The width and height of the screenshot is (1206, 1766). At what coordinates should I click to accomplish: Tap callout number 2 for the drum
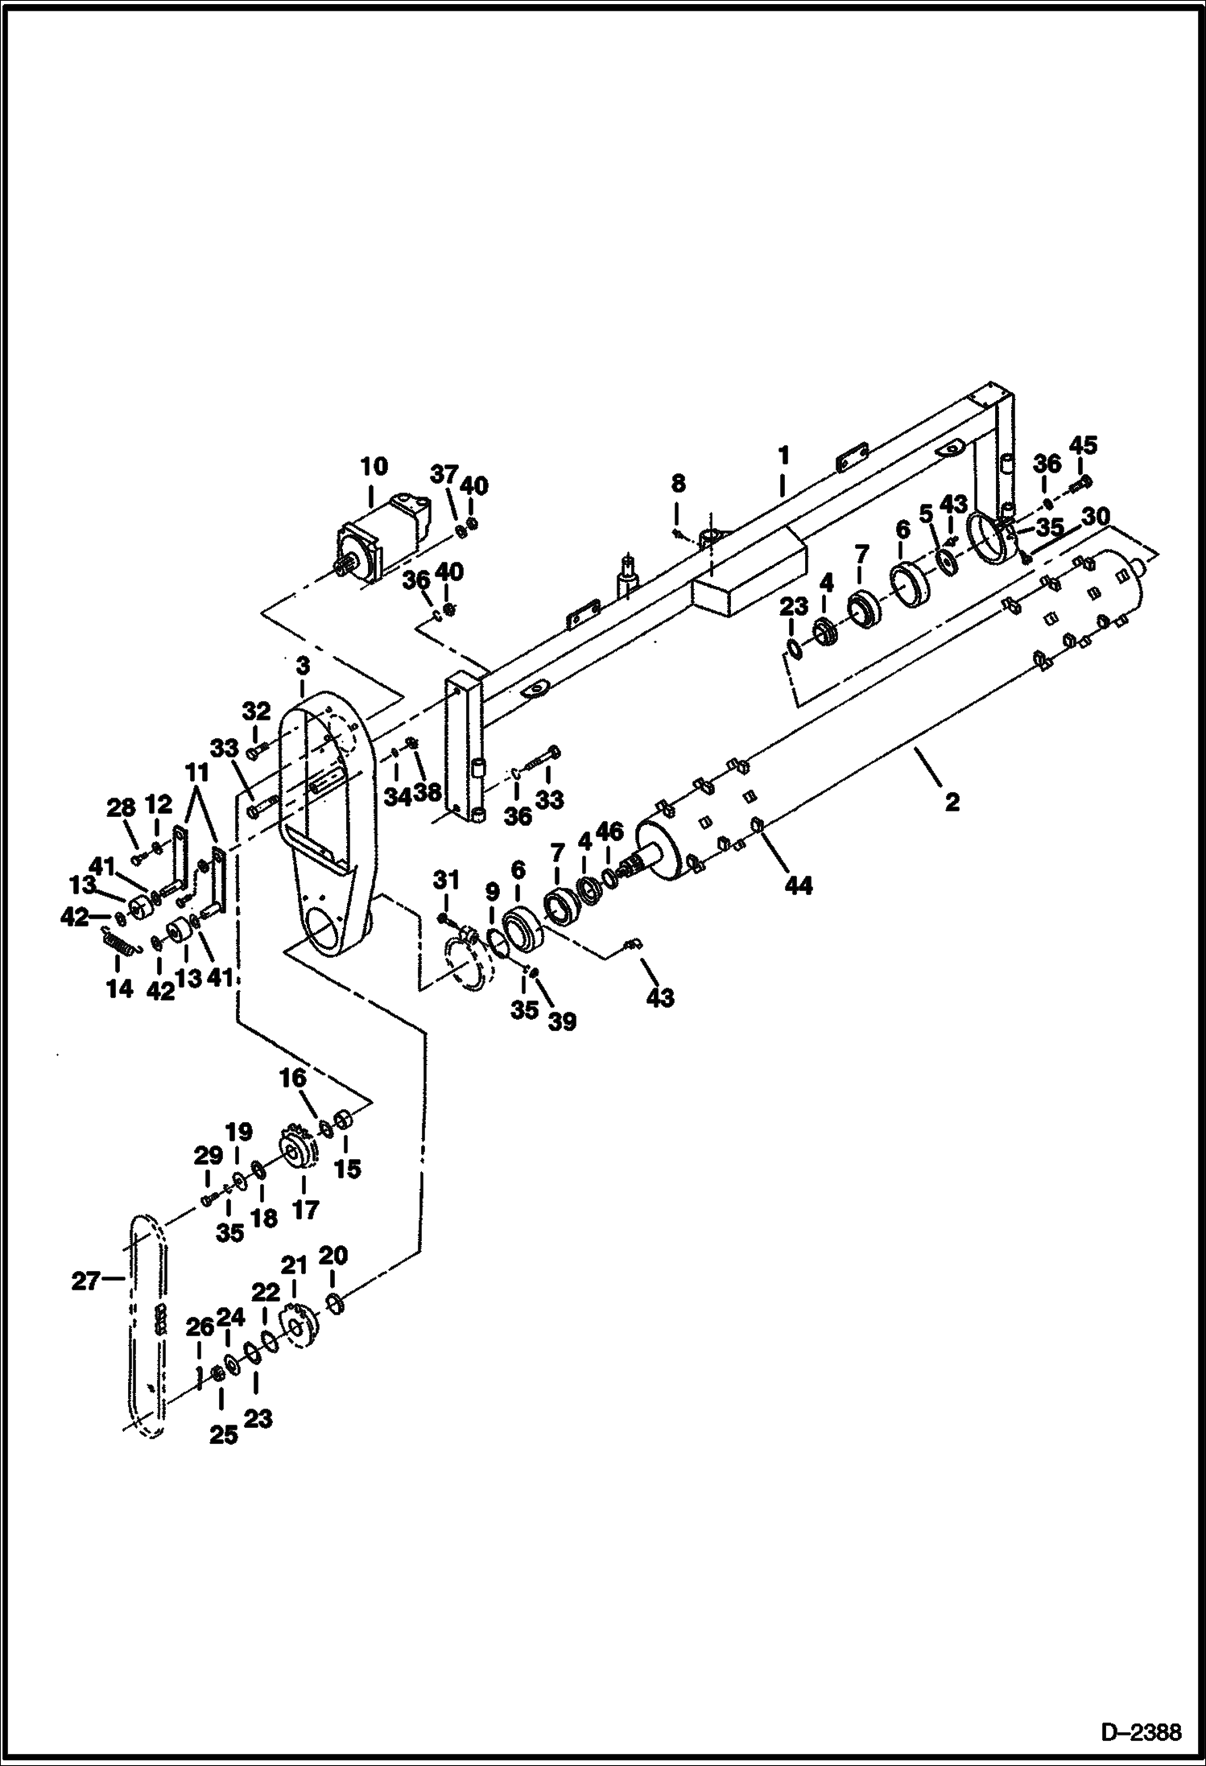952,802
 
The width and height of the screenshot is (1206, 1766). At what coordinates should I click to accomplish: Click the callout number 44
800,885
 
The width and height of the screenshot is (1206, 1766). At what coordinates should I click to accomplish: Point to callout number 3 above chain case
302,666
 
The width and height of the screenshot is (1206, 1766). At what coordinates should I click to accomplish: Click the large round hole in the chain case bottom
328,935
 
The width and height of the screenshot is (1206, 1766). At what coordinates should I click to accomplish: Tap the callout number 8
678,483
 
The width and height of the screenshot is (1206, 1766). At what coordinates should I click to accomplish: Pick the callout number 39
561,1022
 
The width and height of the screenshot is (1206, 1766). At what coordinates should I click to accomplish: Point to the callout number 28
122,807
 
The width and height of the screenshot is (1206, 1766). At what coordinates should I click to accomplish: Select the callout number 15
348,1168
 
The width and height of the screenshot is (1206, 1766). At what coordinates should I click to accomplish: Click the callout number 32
256,711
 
